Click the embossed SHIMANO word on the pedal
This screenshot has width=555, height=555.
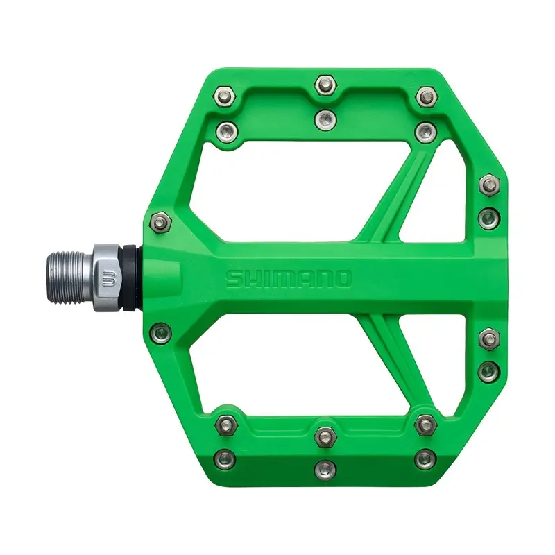tap(289, 279)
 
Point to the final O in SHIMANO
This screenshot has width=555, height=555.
tap(343, 279)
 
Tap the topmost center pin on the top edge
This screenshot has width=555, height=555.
tap(324, 85)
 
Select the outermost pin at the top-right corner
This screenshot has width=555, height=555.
tap(425, 94)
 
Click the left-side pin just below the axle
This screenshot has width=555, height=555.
tap(159, 331)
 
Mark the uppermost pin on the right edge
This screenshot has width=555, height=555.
tap(489, 184)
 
